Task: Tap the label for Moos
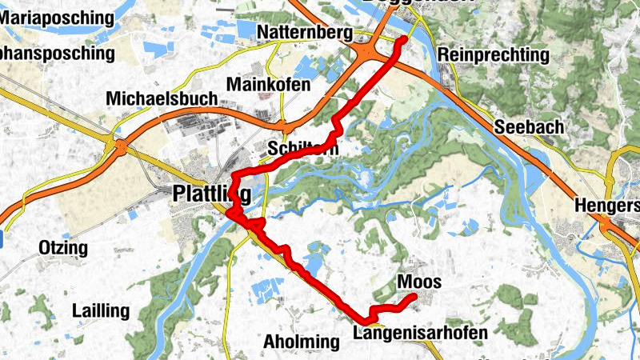(418, 282)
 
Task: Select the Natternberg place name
(306, 32)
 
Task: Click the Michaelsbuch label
(162, 98)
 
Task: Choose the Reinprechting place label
(494, 55)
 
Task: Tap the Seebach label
(529, 126)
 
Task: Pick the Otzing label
(62, 248)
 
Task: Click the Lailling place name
(100, 310)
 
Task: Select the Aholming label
(301, 342)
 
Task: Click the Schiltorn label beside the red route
(304, 149)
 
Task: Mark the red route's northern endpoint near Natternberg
(402, 39)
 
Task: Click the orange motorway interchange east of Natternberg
(370, 51)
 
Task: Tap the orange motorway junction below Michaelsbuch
(120, 146)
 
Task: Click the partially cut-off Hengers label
(606, 206)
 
